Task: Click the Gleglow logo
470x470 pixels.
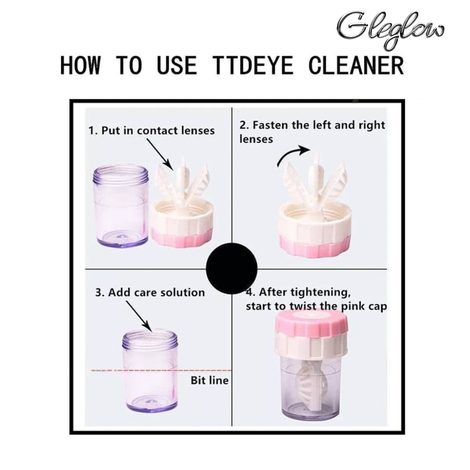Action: click(x=390, y=30)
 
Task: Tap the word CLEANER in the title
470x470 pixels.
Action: click(x=356, y=66)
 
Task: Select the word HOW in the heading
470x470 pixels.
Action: click(x=80, y=66)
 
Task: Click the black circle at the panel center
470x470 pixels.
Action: click(x=232, y=269)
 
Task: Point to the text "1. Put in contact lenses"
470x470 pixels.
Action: click(x=152, y=131)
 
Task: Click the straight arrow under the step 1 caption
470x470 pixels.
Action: click(x=160, y=154)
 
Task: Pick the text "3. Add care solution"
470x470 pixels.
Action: click(x=150, y=293)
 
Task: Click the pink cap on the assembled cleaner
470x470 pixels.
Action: click(x=312, y=323)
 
